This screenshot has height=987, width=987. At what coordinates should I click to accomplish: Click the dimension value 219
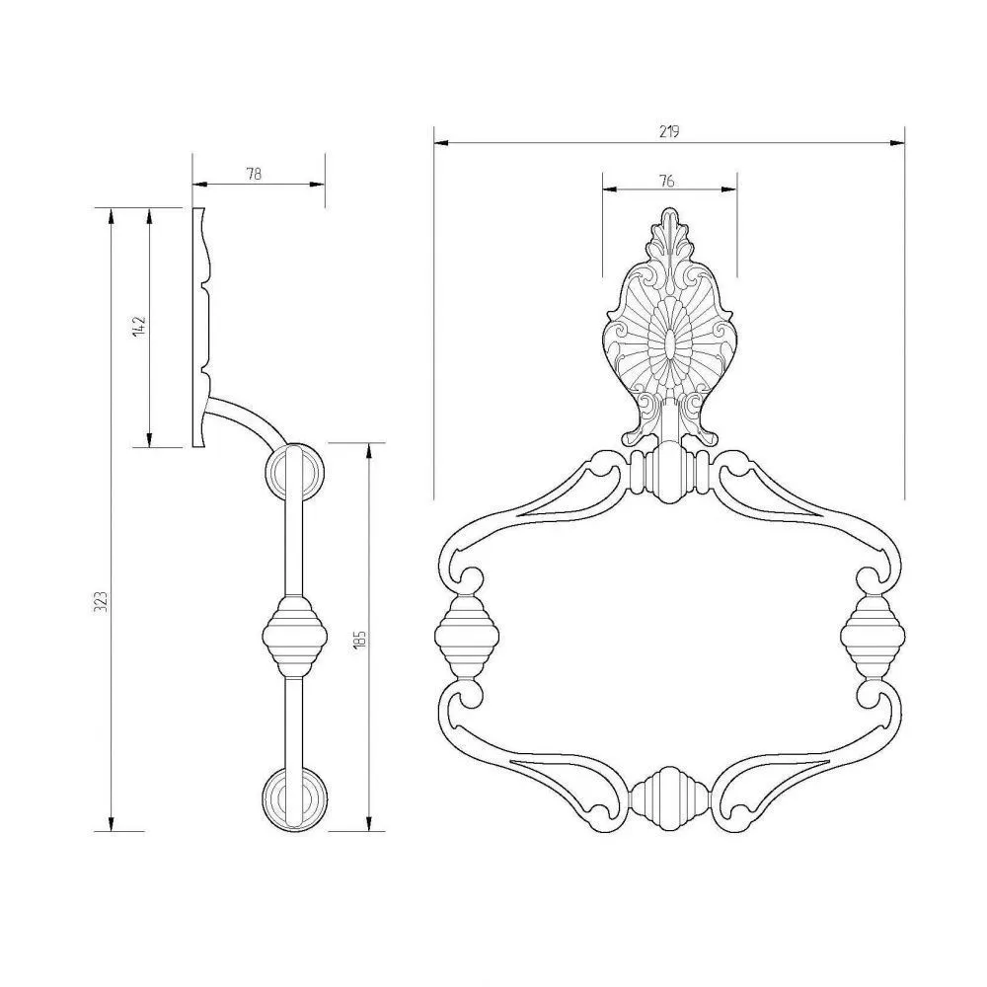pos(669,131)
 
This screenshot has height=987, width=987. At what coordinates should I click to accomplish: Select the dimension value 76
pos(667,181)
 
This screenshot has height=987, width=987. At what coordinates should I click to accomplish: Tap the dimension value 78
pos(254,174)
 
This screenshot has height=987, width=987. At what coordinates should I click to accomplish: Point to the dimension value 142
pos(139,326)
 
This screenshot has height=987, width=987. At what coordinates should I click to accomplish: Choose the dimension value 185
pos(359,639)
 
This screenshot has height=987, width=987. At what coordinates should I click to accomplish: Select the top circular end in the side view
pos(295,471)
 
